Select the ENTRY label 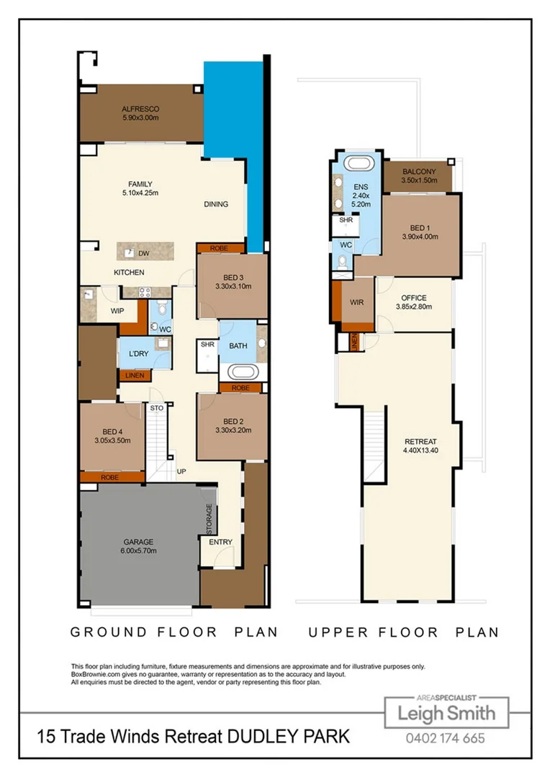(220, 542)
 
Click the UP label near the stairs (181, 472)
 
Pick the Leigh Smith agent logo (446, 713)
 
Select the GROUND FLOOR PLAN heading (173, 632)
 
